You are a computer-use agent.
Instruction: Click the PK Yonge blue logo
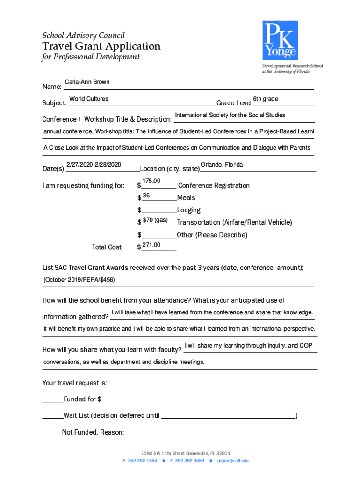coord(280,40)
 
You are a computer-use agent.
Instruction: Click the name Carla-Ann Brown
coord(87,82)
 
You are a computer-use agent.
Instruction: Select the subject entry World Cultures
coord(89,99)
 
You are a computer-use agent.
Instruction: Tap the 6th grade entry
coord(266,99)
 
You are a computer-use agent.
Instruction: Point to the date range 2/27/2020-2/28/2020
coord(94,165)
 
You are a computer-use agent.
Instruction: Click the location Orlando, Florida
coord(222,165)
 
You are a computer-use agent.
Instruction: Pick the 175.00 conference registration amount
coord(151,181)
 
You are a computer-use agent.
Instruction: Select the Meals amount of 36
coord(146,196)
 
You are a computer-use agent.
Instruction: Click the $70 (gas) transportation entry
coord(155,220)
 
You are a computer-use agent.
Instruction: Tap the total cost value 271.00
coord(151,245)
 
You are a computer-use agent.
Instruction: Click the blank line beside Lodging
coord(159,210)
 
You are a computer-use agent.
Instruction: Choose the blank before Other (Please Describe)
coord(159,235)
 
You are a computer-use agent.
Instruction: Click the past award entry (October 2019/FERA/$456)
coord(79,280)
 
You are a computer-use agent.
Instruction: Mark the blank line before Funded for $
coord(52,400)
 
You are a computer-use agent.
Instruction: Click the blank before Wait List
coord(52,416)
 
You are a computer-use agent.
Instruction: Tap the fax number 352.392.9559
coord(191,461)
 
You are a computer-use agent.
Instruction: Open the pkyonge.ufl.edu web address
coord(232,461)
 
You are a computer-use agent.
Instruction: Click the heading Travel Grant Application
coord(101,46)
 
